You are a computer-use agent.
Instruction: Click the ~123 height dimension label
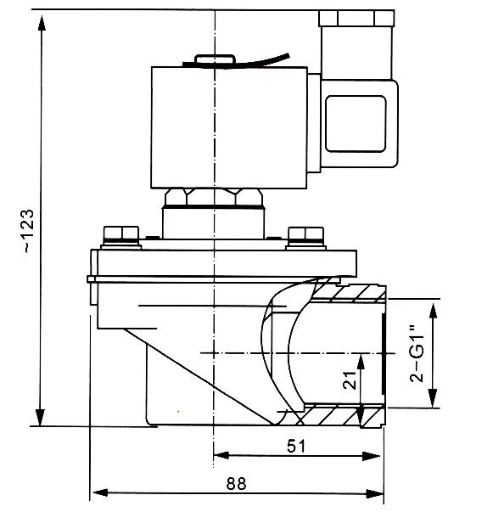click(x=28, y=230)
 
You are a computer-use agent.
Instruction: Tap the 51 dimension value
click(x=295, y=445)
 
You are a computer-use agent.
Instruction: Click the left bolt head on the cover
click(x=120, y=233)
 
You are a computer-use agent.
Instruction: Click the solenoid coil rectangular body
click(x=229, y=127)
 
